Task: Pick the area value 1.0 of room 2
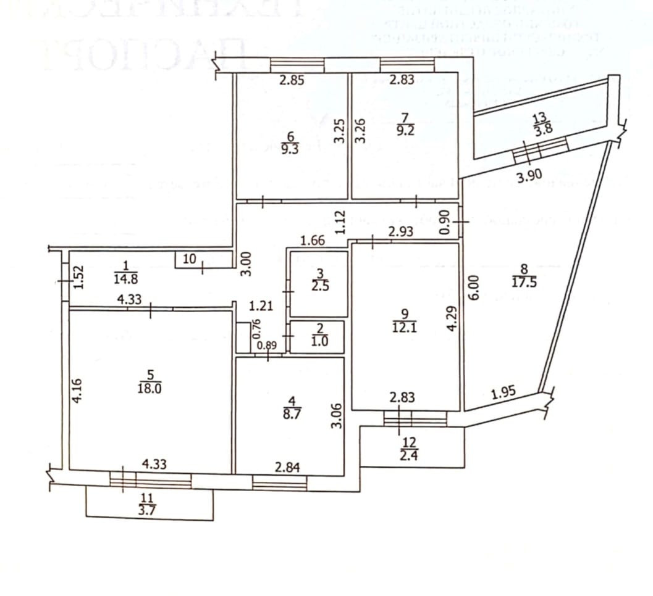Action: tap(319, 341)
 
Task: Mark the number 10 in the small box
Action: tap(190, 260)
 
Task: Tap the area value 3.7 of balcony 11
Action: tap(149, 508)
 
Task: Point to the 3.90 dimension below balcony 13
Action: tap(529, 177)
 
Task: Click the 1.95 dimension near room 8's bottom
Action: tap(503, 392)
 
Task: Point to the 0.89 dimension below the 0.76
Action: tap(266, 346)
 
